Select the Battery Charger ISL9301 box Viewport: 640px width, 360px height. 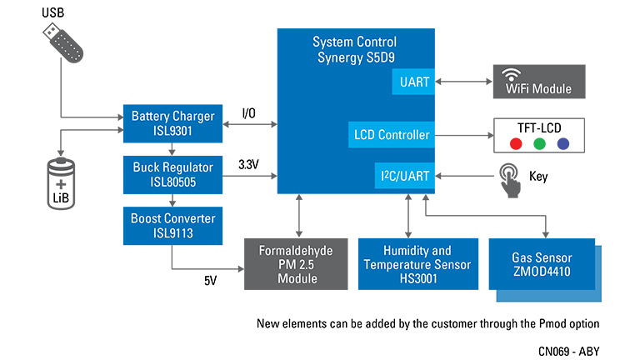(172, 123)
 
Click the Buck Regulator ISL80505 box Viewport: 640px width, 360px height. (172, 173)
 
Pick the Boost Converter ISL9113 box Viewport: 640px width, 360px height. (172, 225)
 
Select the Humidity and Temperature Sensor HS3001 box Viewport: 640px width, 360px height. (417, 264)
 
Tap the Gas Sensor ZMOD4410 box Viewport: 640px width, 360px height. (542, 263)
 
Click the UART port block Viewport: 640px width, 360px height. (413, 82)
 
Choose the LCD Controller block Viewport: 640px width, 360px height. (391, 134)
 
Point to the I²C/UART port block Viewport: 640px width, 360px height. (403, 177)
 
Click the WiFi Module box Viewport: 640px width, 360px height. (539, 82)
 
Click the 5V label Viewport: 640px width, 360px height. (211, 281)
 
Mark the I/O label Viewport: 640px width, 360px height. (249, 112)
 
